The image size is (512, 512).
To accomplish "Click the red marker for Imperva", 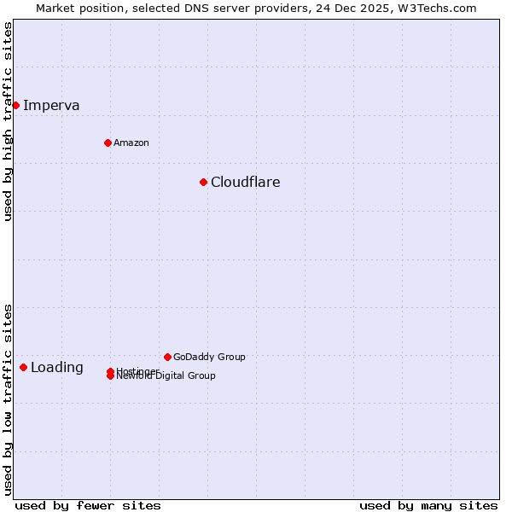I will pyautogui.click(x=15, y=105).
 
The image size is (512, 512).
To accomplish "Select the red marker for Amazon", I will pyautogui.click(x=108, y=143).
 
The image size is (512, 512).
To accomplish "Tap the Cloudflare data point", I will pyautogui.click(x=203, y=182).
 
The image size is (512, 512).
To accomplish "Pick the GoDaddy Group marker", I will pyautogui.click(x=167, y=357).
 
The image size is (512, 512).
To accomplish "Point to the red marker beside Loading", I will pyautogui.click(x=23, y=367).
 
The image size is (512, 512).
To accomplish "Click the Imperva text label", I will pyautogui.click(x=51, y=106).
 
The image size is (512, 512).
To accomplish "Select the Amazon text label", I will pyautogui.click(x=131, y=143).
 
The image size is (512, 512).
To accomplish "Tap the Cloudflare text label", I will pyautogui.click(x=246, y=182).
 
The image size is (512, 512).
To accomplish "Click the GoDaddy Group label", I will pyautogui.click(x=209, y=357).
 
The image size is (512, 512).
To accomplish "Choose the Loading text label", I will pyautogui.click(x=57, y=368).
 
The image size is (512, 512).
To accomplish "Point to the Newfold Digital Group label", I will pyautogui.click(x=167, y=376).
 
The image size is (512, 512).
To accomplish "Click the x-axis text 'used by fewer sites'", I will pyautogui.click(x=88, y=505).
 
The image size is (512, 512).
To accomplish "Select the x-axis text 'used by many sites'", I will pyautogui.click(x=428, y=505).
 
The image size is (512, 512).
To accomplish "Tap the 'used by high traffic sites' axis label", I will pyautogui.click(x=8, y=121).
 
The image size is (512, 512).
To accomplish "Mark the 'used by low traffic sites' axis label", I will pyautogui.click(x=8, y=399).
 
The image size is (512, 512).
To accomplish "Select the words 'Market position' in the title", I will pyautogui.click(x=74, y=8).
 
